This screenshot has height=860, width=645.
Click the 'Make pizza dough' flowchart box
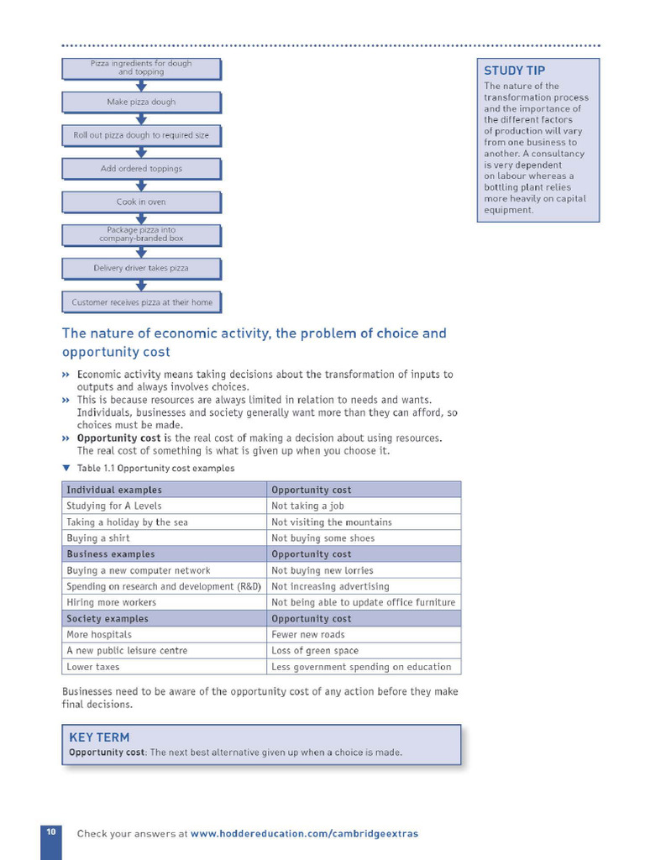tap(141, 102)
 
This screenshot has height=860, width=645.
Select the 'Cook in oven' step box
tap(141, 202)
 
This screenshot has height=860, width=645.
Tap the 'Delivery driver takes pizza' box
tap(141, 268)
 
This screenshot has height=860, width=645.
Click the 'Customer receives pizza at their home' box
tap(142, 302)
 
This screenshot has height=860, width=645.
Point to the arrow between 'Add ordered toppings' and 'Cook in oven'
tap(141, 186)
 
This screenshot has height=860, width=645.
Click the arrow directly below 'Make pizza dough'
tap(141, 118)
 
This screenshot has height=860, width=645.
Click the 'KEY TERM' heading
tap(99, 737)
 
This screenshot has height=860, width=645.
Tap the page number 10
tap(50, 831)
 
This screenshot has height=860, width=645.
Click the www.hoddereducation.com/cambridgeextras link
tap(304, 834)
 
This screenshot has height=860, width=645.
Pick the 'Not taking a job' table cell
tap(307, 506)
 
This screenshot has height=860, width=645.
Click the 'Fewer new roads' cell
tap(307, 635)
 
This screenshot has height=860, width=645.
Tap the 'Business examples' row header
tap(111, 554)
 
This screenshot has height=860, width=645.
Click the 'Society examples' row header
tap(107, 619)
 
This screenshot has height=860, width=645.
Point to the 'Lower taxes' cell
tap(93, 667)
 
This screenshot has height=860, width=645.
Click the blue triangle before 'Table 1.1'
tap(66, 468)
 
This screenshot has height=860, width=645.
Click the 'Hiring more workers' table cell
tap(111, 602)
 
